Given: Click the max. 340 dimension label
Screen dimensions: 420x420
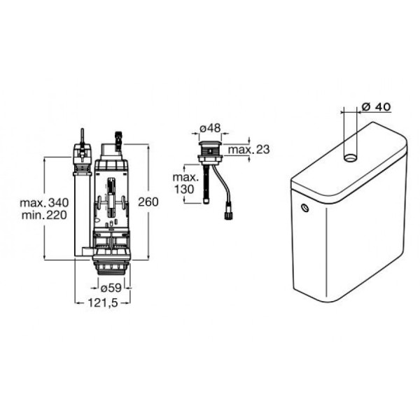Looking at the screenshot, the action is pyautogui.click(x=44, y=202).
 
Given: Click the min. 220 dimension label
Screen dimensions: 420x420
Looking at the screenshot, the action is pyautogui.click(x=44, y=215).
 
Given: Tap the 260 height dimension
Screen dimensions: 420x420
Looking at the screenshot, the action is pyautogui.click(x=148, y=202).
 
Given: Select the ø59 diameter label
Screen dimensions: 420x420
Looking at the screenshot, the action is pyautogui.click(x=111, y=288).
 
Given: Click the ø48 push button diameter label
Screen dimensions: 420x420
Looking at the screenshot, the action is pyautogui.click(x=210, y=128).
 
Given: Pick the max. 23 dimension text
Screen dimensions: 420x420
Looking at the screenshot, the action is pyautogui.click(x=248, y=150).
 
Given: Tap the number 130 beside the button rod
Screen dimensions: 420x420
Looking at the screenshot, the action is pyautogui.click(x=184, y=189).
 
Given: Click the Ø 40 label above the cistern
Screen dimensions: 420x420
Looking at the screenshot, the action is pyautogui.click(x=376, y=106).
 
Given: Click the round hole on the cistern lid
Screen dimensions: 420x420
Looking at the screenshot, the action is pyautogui.click(x=350, y=157).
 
